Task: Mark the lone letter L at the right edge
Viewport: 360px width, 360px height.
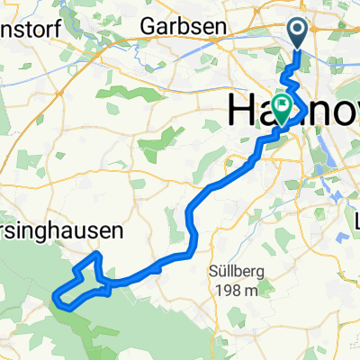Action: (356, 220)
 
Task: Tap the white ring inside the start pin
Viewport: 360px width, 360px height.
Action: (299, 32)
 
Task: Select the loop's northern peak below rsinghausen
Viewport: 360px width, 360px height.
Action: (95, 256)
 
